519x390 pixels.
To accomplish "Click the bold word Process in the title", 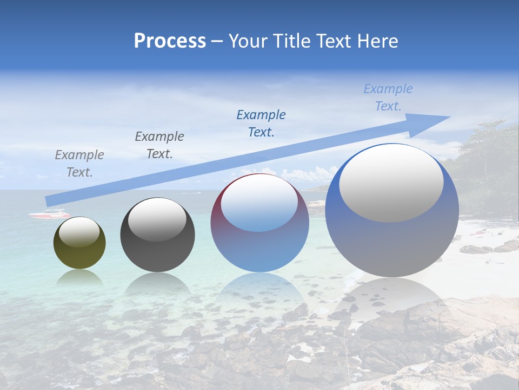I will point(170,41).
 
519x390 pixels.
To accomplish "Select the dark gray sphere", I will point(157,244).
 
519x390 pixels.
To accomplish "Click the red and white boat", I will point(49,214).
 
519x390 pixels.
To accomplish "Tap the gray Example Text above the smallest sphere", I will point(79,163).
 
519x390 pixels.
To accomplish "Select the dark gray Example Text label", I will point(159,145).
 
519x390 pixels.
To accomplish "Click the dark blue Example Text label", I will point(261,123).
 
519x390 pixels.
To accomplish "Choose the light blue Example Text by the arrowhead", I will point(388,97).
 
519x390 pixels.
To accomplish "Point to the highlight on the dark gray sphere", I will point(157,219).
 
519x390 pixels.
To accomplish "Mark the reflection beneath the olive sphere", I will point(79,277).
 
